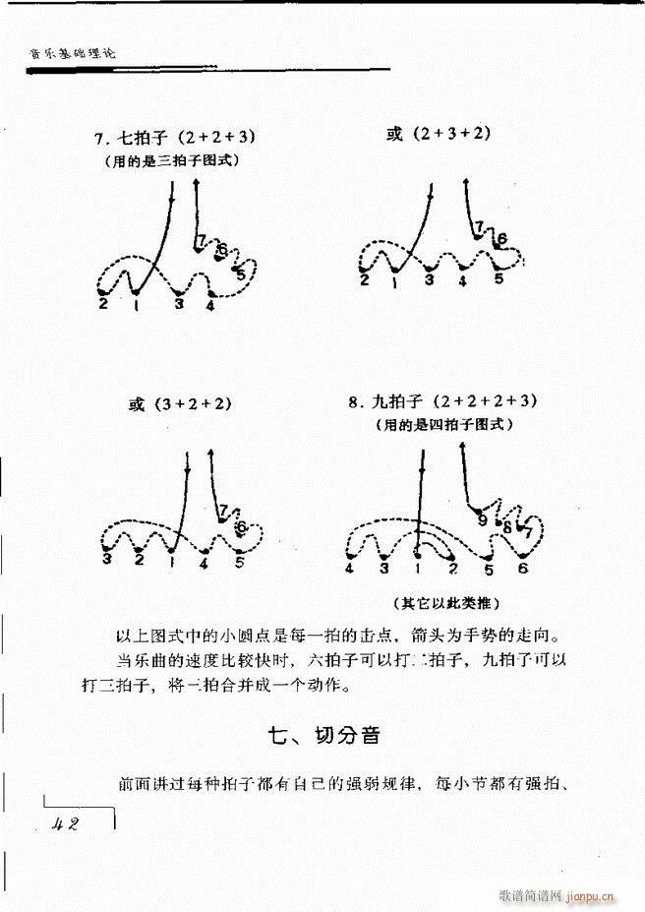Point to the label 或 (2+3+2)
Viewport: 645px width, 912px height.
point(438,133)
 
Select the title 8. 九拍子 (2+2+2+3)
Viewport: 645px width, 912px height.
point(443,401)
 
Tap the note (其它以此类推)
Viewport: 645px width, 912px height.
point(441,603)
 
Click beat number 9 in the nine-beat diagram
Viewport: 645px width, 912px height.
point(481,518)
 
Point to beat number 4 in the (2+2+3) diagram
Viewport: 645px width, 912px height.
point(210,305)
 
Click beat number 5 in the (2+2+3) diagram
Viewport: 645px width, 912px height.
point(241,275)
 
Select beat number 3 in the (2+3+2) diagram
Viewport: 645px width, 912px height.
point(429,280)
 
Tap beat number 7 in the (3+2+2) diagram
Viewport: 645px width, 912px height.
point(224,511)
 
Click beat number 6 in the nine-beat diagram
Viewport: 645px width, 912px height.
point(522,569)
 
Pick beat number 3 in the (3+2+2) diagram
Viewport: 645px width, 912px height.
point(105,560)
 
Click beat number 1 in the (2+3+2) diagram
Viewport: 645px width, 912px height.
point(394,281)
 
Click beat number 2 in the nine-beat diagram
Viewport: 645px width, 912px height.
point(452,569)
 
